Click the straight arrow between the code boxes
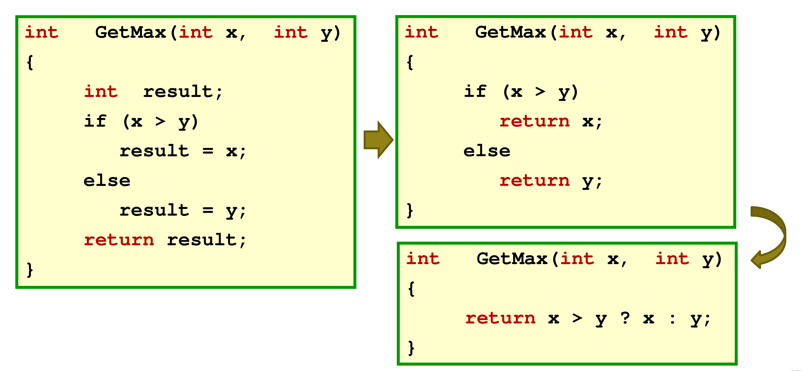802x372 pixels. point(378,140)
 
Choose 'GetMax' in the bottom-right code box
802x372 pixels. point(512,259)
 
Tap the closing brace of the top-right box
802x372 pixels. point(410,211)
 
